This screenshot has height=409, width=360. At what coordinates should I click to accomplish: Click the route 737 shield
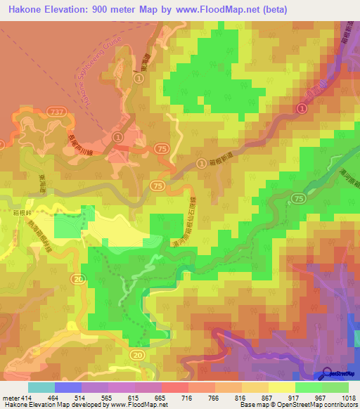[x=57, y=112]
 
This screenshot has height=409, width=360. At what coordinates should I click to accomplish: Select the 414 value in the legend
[x=27, y=397]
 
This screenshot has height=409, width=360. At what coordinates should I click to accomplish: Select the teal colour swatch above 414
[x=41, y=387]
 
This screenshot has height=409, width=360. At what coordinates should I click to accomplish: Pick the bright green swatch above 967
[x=308, y=387]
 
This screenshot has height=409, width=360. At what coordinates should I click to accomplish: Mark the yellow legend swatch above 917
[x=281, y=387]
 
